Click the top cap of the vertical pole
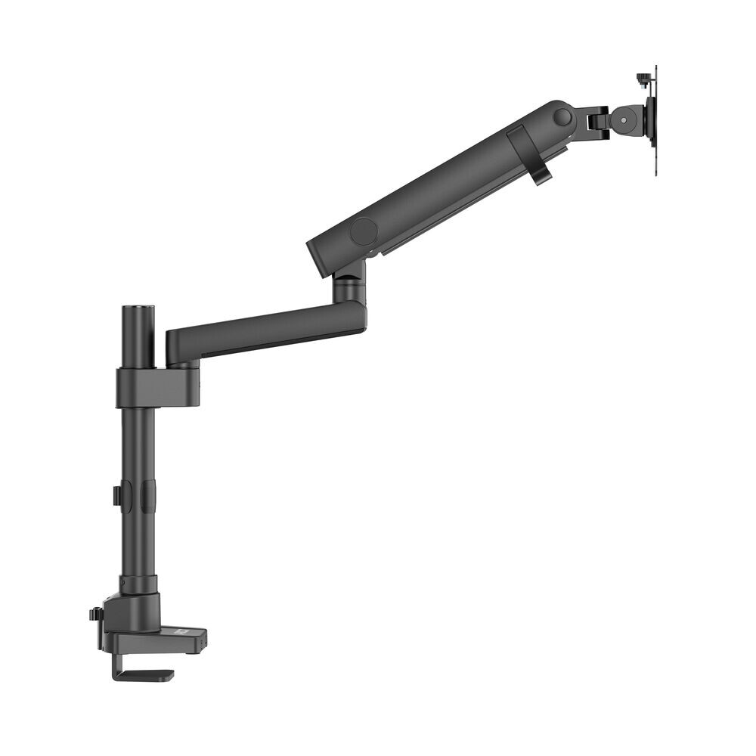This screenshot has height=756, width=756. pos(138,309)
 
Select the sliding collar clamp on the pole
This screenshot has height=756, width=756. pos(148,387)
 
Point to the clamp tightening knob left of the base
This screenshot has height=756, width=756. pos(94,614)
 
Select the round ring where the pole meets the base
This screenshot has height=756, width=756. pos(138,584)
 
